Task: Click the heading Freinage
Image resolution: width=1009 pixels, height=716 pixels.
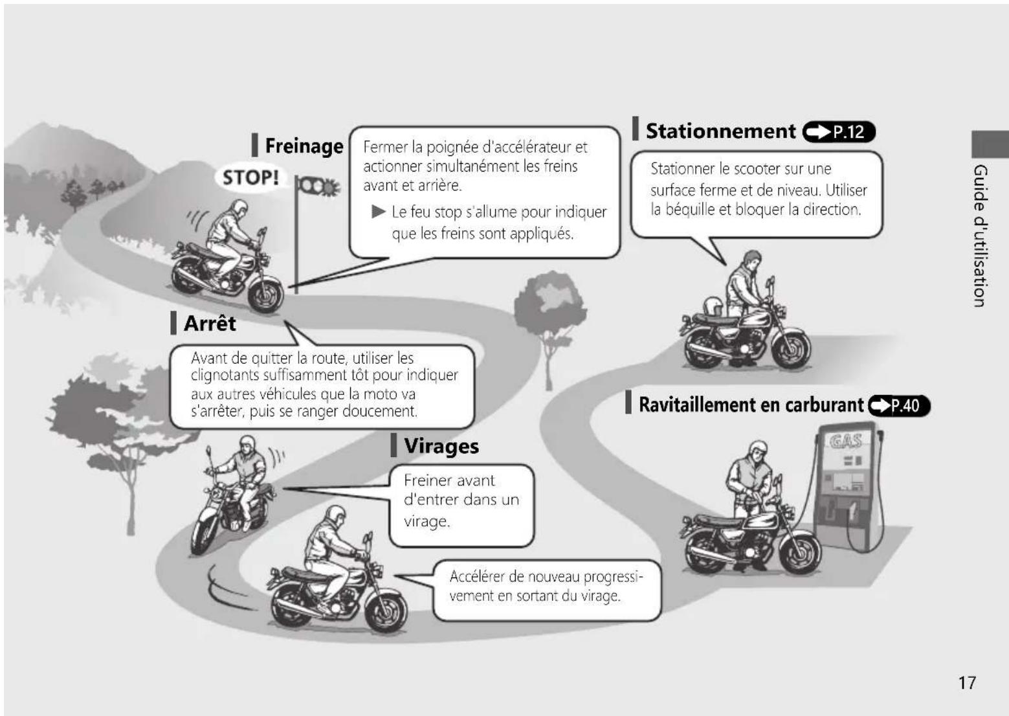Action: pyautogui.click(x=304, y=146)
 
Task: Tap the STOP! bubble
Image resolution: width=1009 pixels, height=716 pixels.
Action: pyautogui.click(x=250, y=177)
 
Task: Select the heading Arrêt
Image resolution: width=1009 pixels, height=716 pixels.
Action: pyautogui.click(x=210, y=323)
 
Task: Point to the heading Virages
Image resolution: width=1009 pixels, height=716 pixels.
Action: pyautogui.click(x=441, y=446)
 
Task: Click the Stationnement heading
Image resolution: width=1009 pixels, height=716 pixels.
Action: pyautogui.click(x=721, y=131)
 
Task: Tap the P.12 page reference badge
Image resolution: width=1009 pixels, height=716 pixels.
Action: pyautogui.click(x=839, y=132)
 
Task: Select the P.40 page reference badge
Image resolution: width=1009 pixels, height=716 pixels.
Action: pyautogui.click(x=900, y=406)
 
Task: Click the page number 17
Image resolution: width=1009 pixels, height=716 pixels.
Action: pyautogui.click(x=967, y=683)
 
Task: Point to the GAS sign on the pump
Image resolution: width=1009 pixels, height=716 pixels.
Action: pyautogui.click(x=846, y=441)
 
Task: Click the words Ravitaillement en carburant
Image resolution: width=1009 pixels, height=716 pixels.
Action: pyautogui.click(x=751, y=405)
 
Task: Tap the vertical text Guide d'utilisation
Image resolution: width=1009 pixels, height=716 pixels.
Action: pyautogui.click(x=981, y=236)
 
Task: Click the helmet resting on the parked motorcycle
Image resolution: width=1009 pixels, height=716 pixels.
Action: pyautogui.click(x=712, y=306)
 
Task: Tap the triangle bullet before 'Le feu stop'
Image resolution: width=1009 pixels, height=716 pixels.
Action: pyautogui.click(x=379, y=211)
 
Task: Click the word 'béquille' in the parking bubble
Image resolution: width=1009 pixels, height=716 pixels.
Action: pyautogui.click(x=690, y=210)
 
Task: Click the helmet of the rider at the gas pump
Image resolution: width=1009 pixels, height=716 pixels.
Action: pyautogui.click(x=758, y=449)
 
